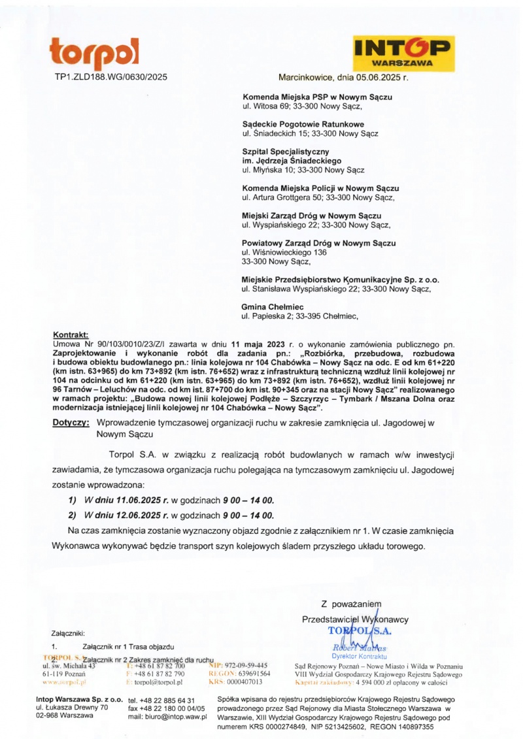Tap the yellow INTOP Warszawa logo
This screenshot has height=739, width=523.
(403, 52)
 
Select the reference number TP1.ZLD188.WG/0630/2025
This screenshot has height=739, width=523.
(110, 77)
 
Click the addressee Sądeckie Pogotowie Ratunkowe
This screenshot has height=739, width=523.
(303, 124)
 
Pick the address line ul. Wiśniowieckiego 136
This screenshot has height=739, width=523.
(284, 252)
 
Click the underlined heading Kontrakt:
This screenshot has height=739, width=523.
(70, 334)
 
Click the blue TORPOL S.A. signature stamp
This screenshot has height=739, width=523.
(356, 631)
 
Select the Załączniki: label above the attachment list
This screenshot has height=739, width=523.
(68, 632)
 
